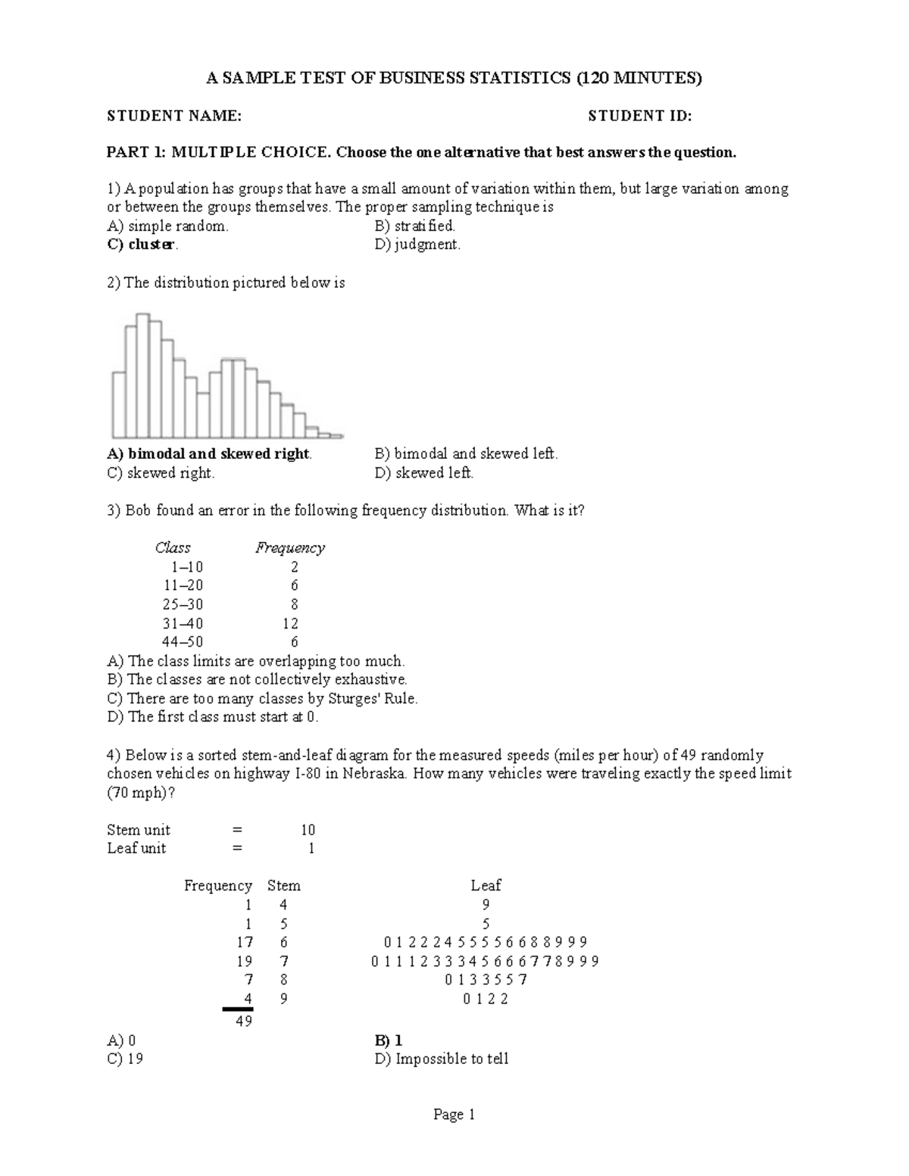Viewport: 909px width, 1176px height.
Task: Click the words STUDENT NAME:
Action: [x=174, y=116]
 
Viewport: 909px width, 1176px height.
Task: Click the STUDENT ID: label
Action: [x=640, y=116]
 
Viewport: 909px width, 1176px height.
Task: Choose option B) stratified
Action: [x=414, y=226]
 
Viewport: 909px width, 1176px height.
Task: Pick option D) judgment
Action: [x=417, y=245]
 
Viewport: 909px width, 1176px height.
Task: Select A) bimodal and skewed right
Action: [x=209, y=454]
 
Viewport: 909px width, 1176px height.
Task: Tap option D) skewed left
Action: [x=423, y=473]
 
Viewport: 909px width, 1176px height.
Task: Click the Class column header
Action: [x=173, y=547]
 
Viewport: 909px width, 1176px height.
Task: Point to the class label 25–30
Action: [x=183, y=604]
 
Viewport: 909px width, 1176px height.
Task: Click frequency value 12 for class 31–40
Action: [x=290, y=623]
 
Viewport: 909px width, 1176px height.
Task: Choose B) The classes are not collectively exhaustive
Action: [x=258, y=679]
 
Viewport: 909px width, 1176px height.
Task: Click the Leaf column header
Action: [x=486, y=885]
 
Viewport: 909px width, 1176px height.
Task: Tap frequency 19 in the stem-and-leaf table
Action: [x=244, y=961]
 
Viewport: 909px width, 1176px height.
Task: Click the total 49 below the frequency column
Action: [x=244, y=1021]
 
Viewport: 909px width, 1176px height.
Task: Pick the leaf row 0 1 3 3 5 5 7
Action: [x=486, y=980]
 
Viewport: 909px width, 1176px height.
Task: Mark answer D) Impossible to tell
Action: [x=442, y=1059]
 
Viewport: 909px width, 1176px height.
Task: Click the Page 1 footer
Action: [x=454, y=1115]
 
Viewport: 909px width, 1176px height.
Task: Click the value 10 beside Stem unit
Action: [x=308, y=830]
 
